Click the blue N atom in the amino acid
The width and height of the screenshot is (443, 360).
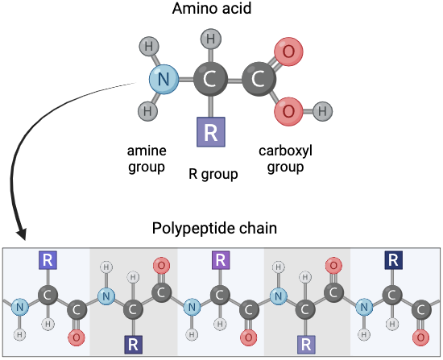164,80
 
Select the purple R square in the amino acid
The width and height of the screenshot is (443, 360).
211,132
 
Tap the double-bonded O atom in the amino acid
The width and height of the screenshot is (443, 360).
288,52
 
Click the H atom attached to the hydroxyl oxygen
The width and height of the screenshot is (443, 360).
323,111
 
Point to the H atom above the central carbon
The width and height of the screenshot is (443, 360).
211,39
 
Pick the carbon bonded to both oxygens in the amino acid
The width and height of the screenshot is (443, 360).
259,79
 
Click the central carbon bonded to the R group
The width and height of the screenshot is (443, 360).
210,79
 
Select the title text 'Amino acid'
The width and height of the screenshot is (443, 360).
212,8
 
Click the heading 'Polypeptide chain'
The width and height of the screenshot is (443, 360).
214,228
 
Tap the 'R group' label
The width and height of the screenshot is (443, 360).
213,174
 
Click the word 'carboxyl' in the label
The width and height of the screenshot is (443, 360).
285,151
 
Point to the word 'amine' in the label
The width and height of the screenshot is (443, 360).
147,151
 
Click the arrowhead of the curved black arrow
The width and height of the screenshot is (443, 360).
22,234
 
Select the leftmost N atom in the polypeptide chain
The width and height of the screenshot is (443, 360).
20,307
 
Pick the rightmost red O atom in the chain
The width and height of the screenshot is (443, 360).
420,337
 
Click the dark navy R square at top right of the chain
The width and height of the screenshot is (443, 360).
394,260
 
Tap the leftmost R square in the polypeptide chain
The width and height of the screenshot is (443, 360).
48,260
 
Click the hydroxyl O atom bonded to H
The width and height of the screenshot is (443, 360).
288,111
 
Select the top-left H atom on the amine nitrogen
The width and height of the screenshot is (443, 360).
149,46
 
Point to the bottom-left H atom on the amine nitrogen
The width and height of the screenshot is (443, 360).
147,111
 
